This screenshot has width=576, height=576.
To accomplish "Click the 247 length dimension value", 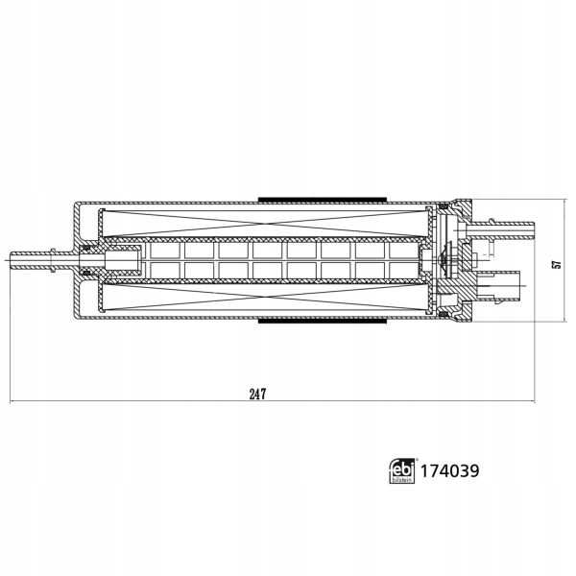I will coord(256,394).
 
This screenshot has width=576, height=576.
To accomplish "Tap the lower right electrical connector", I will coord(507,284).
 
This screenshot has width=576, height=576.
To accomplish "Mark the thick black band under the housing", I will coord(321,323).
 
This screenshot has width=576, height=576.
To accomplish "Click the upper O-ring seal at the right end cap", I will coord(444,207).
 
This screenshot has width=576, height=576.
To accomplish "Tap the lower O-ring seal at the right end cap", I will coord(444,311).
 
